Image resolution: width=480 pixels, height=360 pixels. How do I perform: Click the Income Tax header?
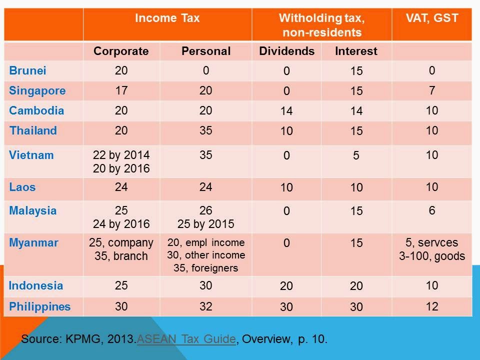coord(167,18)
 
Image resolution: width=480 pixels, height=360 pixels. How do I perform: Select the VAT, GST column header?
coord(432,18)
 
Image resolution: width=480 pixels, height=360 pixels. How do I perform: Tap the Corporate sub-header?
coord(121,51)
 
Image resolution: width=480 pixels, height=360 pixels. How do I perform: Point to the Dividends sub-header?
coord(286,51)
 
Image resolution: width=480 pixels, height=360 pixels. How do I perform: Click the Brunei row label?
coord(27,70)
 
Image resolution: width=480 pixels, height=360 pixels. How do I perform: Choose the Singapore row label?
coord(37,91)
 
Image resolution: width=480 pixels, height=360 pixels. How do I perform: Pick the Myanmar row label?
coord(33,243)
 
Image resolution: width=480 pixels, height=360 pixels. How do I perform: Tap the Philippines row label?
coord(39,306)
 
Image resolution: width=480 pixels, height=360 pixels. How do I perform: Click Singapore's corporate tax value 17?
coord(121,91)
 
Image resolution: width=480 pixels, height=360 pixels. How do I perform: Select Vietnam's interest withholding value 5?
coord(356,156)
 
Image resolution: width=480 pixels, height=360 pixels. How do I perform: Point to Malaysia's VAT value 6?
coord(432,210)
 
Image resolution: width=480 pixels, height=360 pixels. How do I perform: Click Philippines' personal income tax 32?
coord(206,306)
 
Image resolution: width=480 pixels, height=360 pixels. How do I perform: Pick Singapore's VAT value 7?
coord(432,91)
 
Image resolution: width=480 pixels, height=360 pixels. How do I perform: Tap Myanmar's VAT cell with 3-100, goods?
coord(432,256)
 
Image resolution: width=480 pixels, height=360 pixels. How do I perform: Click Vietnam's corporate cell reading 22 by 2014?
coord(121,155)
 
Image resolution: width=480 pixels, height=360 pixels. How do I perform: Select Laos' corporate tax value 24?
coord(121,187)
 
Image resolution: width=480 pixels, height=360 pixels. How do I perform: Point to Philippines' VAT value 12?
coord(432,306)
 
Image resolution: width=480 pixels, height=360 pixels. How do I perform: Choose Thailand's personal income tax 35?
coord(206,130)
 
